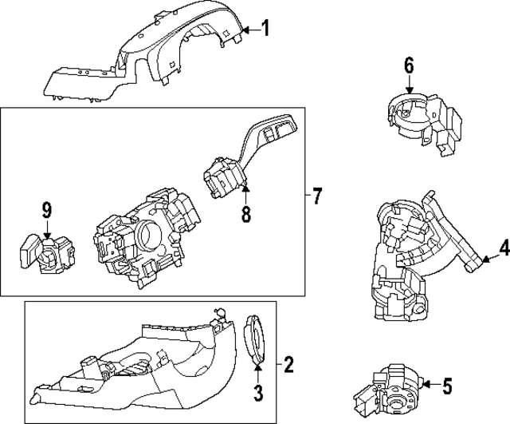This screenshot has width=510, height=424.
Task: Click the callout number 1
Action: tap(265, 30)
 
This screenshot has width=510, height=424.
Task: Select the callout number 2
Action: tap(288, 366)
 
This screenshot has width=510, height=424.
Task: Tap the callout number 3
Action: tap(258, 391)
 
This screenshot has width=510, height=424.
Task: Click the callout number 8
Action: tap(245, 214)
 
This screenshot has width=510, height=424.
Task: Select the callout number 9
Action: tap(47, 211)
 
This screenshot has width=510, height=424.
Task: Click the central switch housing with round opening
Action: tap(143, 236)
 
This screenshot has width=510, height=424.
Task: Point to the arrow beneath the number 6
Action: tap(409, 90)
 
